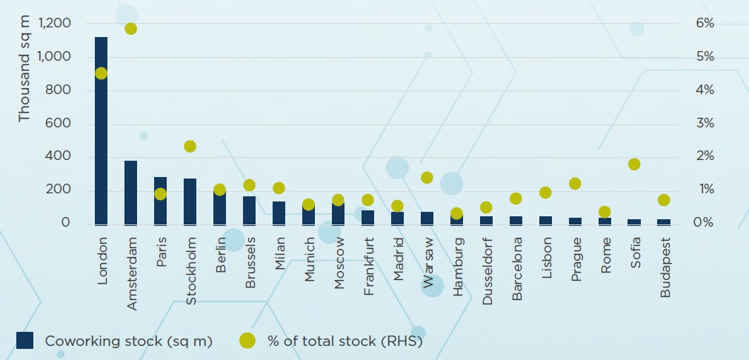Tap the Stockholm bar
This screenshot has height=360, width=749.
click(190, 201)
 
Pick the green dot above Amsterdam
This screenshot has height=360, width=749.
click(130, 29)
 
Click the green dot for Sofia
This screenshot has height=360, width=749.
click(634, 164)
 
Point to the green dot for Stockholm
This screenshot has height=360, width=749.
click(190, 147)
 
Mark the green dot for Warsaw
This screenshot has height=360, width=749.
click(427, 178)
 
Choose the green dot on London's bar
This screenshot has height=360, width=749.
click(101, 73)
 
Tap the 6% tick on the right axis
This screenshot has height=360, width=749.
click(705, 24)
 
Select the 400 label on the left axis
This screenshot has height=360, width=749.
click(56, 156)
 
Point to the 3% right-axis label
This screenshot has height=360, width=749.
click(705, 123)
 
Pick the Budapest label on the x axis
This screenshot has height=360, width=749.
click(665, 267)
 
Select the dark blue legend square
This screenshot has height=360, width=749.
click(25, 340)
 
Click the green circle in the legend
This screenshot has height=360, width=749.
click(247, 340)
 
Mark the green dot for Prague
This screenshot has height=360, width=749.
click(575, 184)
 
